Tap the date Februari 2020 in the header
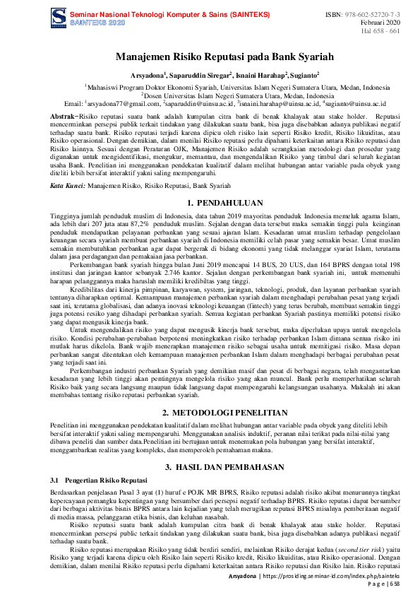click(x=382, y=23)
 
